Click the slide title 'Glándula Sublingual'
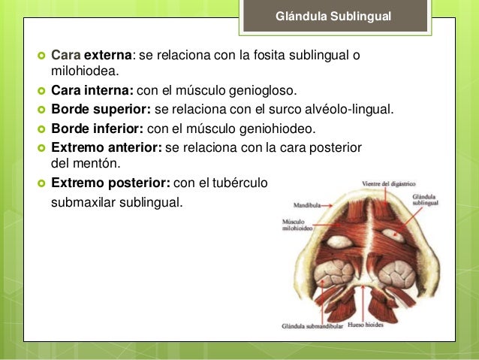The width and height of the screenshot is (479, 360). [x=333, y=16]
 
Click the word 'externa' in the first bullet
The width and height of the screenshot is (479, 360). [x=107, y=56]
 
